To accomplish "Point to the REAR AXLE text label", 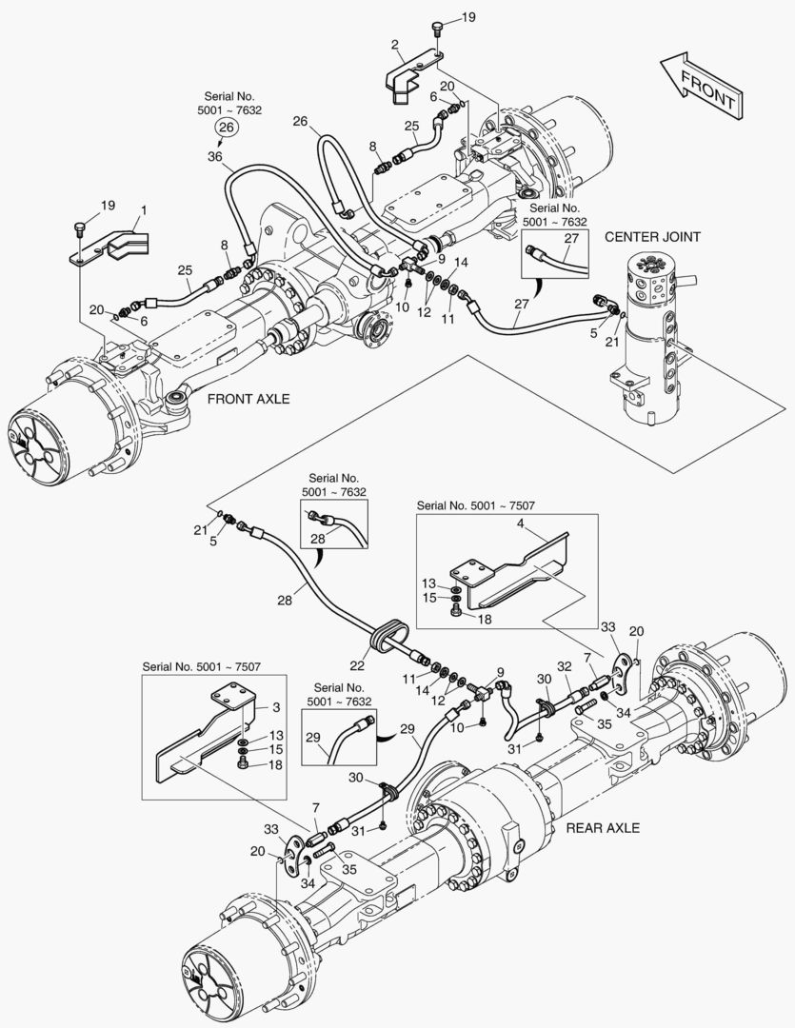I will click(601, 827).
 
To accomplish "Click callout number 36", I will click(214, 155).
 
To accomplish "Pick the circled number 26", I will click(226, 128).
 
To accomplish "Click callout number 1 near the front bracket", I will click(144, 208).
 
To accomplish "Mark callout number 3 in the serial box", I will click(275, 708).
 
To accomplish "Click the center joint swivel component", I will click(649, 333).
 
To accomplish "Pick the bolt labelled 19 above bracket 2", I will click(437, 29).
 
